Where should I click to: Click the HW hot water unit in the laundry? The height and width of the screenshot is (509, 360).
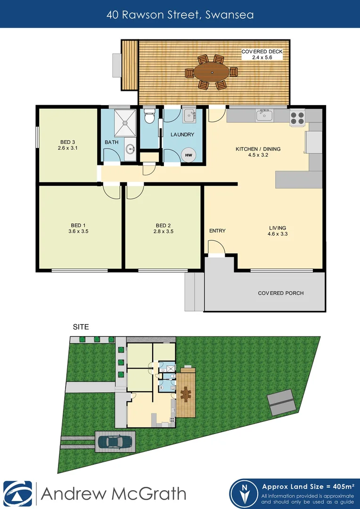188,155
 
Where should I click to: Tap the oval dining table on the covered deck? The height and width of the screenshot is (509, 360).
212,72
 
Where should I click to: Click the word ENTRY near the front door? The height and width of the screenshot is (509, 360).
217,230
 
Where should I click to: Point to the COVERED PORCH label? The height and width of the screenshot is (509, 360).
281,293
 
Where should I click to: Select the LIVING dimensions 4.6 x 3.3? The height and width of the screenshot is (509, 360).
277,234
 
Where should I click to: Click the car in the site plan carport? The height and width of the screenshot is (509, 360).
115,442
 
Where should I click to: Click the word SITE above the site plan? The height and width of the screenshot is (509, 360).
80,326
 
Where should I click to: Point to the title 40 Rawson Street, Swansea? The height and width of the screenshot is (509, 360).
180,15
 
